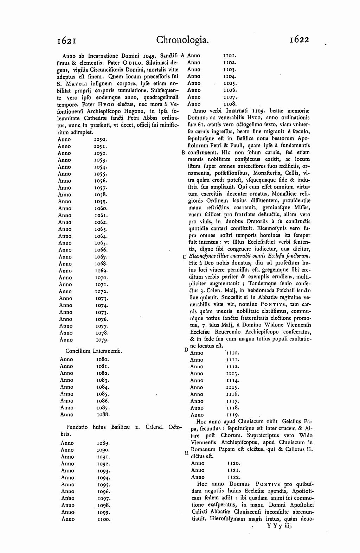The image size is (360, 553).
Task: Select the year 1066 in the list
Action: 101,250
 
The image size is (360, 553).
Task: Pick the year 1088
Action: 103,414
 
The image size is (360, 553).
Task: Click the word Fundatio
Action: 77,427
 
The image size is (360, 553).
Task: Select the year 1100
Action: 104,519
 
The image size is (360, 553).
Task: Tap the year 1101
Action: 230,56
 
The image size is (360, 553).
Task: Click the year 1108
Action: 230,104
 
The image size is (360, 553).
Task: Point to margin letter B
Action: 183,153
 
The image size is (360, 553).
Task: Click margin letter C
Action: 184,257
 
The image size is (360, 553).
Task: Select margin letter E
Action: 186,453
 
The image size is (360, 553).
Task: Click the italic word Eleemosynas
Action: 202,256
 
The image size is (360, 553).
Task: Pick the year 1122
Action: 234,477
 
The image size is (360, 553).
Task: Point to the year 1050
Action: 101,139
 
